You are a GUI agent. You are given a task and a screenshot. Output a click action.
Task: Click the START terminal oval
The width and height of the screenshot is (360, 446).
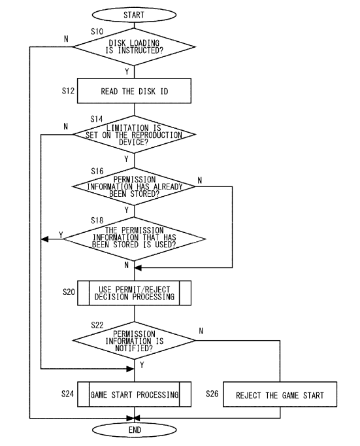point(134,15)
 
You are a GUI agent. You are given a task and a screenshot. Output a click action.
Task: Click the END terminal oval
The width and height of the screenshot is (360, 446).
point(135,430)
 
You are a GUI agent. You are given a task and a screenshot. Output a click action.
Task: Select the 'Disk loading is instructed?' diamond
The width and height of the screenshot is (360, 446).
point(134,47)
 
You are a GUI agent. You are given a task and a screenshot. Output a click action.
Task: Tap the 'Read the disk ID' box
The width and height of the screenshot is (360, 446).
point(134,91)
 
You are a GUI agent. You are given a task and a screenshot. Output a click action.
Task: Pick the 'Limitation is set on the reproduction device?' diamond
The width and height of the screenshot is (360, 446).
point(134,135)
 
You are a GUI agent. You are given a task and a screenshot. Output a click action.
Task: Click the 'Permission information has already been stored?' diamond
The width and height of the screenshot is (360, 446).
point(134,186)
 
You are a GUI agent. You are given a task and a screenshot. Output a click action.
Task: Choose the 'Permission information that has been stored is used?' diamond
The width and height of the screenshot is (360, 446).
point(135,239)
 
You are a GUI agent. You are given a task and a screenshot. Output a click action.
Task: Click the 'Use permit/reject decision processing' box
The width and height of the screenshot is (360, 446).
point(134,293)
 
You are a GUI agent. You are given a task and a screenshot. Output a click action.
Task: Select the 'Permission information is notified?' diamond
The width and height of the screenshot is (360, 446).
point(134,341)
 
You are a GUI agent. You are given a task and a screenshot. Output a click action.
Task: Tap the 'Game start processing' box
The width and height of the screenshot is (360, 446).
point(134,394)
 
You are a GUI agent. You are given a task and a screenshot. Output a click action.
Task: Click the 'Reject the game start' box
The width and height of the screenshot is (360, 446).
point(280,394)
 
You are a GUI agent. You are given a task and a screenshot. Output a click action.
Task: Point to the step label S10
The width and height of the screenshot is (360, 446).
point(97,31)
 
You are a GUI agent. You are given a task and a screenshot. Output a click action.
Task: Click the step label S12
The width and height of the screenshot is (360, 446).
point(68,91)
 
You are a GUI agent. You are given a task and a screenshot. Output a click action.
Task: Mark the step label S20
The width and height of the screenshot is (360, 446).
point(69,292)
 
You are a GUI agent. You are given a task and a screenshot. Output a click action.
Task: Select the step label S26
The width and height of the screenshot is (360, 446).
point(212,394)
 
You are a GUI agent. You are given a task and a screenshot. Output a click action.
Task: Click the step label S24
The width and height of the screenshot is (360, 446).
point(68,394)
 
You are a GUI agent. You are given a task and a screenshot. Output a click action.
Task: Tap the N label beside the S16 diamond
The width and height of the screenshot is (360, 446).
point(200,180)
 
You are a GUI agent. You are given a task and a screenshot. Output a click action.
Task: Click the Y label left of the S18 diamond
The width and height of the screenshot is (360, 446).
point(61,235)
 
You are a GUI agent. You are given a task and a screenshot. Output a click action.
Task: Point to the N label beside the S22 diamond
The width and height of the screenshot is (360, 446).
point(201,331)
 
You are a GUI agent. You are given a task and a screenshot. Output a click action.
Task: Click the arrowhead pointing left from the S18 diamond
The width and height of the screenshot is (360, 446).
point(44,239)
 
